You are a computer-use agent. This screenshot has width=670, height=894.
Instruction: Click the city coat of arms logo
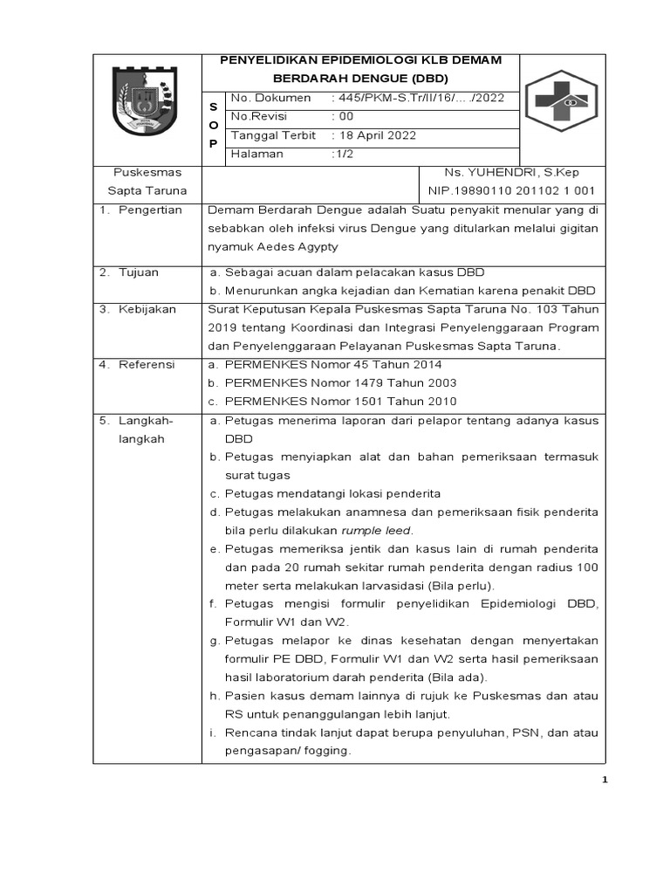click(147, 102)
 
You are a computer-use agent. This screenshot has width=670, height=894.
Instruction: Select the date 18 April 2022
click(377, 135)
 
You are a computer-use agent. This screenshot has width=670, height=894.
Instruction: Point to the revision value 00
click(345, 116)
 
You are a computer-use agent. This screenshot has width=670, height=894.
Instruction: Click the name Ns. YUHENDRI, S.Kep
click(511, 172)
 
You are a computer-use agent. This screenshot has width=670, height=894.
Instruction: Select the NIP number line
click(511, 190)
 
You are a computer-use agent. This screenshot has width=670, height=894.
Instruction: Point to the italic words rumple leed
click(376, 530)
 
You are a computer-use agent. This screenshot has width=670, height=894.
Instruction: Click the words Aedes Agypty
click(295, 247)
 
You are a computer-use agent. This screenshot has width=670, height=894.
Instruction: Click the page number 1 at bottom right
click(604, 780)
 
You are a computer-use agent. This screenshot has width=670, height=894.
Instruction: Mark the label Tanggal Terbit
click(273, 135)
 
